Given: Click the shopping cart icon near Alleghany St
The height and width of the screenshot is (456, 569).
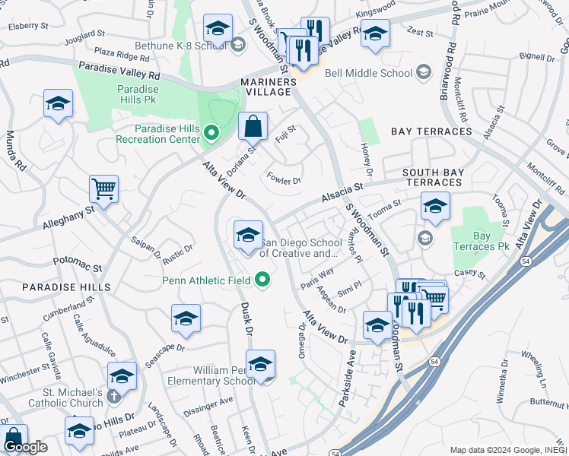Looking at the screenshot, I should (x=103, y=188).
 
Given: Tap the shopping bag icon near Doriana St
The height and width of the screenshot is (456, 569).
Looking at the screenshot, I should (x=253, y=125).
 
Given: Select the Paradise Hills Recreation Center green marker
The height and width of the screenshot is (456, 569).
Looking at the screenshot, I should (x=211, y=135).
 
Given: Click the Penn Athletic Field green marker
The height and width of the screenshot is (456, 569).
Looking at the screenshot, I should (x=263, y=280).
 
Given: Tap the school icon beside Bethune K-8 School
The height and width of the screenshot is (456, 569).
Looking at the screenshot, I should (x=218, y=30).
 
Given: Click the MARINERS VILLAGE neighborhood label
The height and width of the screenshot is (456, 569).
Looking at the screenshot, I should (x=266, y=87).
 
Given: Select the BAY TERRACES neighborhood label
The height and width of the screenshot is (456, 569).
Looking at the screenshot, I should (x=431, y=131).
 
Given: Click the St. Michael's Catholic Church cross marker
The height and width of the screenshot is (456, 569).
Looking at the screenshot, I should (x=114, y=397).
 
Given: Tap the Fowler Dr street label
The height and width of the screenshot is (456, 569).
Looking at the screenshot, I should (x=284, y=180).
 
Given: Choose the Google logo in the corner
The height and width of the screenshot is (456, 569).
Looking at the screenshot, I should (x=24, y=447).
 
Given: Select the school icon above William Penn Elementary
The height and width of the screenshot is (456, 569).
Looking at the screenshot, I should (x=260, y=364).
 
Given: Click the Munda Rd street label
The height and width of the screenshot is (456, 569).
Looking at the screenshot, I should (x=17, y=150).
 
